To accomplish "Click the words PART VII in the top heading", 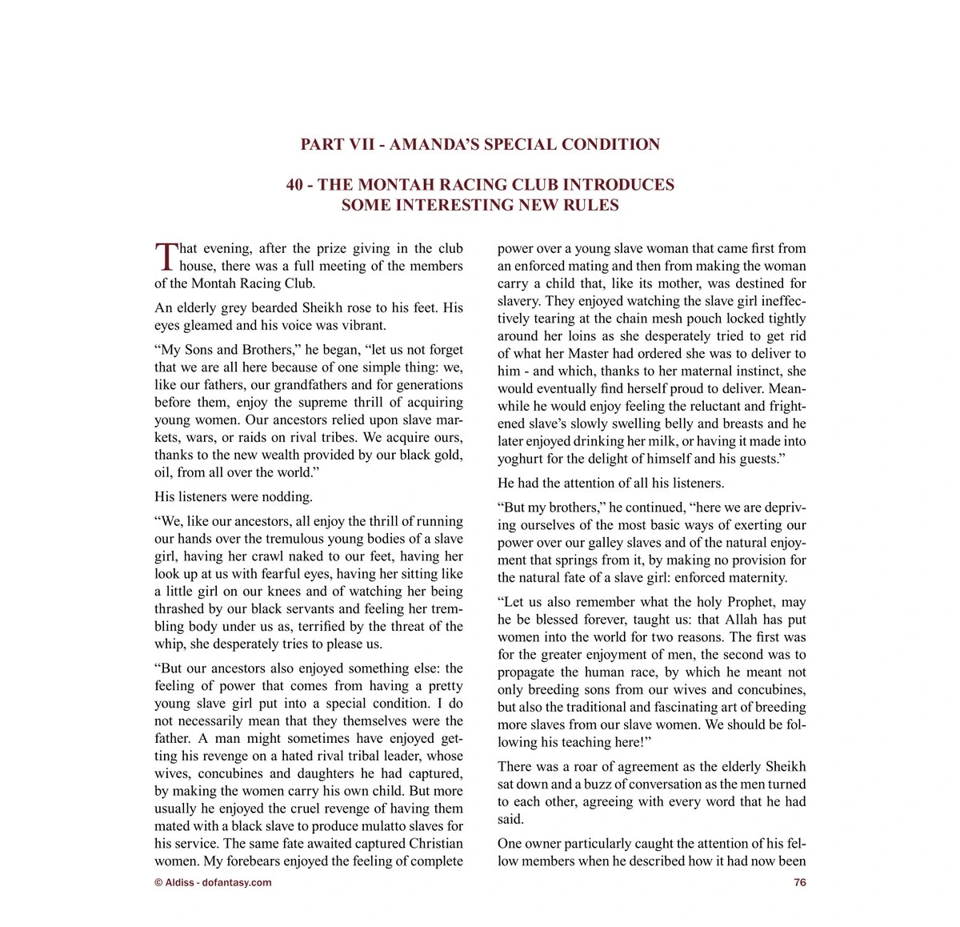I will pos(332,145).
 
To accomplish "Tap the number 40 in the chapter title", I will pos(294,185).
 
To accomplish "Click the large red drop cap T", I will pos(165,257).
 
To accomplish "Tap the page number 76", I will pos(799,883).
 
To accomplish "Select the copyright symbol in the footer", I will pos(158,883).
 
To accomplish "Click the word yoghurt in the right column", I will pos(521,459).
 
